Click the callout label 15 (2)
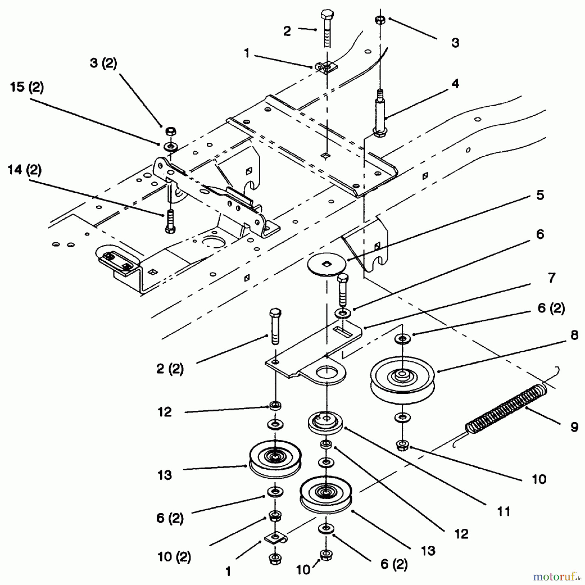point(27,88)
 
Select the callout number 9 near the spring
point(574,427)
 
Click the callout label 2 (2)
point(170,369)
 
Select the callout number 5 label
point(540,195)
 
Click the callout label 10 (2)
point(174,557)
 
